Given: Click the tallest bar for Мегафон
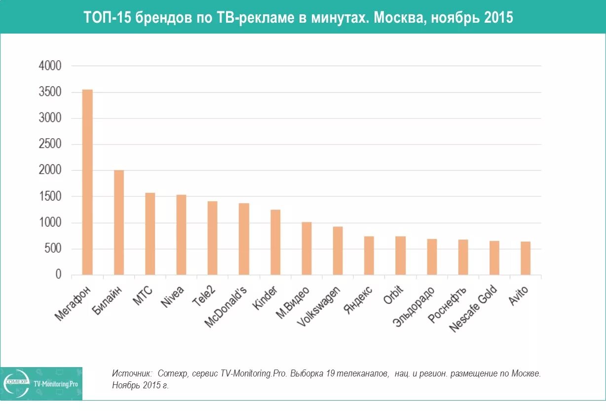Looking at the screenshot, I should click(x=87, y=183).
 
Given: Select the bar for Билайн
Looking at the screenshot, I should click(x=119, y=223).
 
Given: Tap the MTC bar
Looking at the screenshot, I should click(x=150, y=234).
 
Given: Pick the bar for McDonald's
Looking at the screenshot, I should click(x=244, y=239).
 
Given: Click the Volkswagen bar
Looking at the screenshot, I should click(x=338, y=251).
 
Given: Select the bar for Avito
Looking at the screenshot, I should click(x=526, y=258).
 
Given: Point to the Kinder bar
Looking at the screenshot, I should click(x=275, y=242).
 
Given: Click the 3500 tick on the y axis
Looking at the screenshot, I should click(x=50, y=92).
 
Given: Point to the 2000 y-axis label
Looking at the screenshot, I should click(x=50, y=171).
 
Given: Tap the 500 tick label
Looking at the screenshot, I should click(x=53, y=249).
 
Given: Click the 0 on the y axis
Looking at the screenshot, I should click(x=59, y=275).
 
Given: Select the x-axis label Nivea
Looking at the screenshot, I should click(x=173, y=297).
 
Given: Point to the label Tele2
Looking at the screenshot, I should click(x=205, y=298).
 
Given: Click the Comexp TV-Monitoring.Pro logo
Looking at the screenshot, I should click(x=41, y=383).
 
